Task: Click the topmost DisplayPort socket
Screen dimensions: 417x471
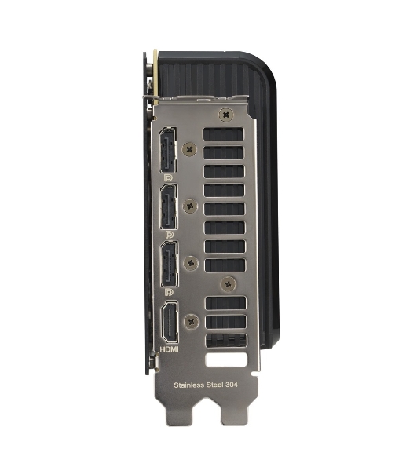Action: click(168, 150)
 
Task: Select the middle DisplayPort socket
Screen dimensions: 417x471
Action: click(169, 206)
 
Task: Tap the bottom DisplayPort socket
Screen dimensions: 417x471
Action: click(170, 264)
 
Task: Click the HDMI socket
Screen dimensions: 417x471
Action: click(170, 323)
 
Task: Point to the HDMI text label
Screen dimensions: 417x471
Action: click(169, 349)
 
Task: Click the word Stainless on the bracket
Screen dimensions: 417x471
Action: click(189, 385)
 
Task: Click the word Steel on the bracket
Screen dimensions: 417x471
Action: click(214, 385)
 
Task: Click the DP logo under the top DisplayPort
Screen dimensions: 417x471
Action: click(168, 178)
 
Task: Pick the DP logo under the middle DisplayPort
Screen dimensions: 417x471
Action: click(169, 235)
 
